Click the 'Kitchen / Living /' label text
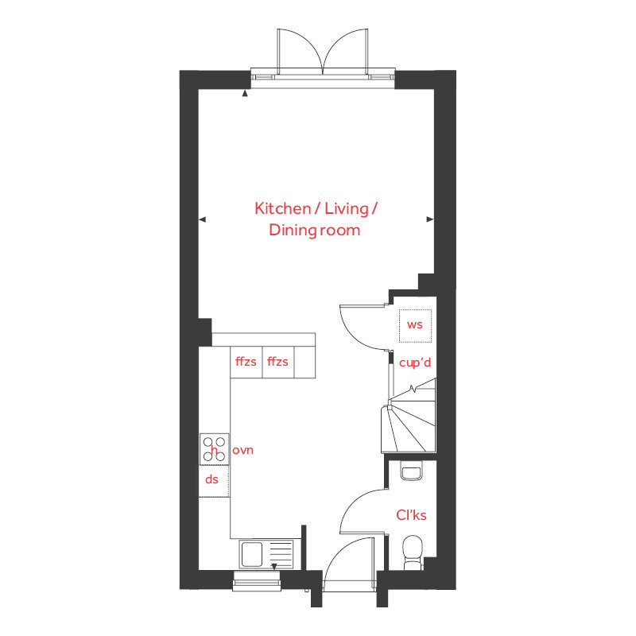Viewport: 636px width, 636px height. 316,208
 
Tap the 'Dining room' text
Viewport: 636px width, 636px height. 314,231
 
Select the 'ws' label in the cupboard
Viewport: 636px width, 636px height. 414,324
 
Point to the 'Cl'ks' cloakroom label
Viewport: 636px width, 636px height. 411,515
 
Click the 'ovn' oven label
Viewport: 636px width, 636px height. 242,451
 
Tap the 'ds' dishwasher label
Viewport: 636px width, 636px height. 211,479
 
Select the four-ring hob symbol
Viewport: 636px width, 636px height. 213,449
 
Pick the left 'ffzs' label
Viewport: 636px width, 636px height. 246,362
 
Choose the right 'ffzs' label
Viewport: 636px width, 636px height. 277,362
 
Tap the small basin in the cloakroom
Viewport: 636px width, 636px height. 411,473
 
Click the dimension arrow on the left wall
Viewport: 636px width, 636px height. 202,219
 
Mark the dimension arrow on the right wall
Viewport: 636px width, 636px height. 430,219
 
